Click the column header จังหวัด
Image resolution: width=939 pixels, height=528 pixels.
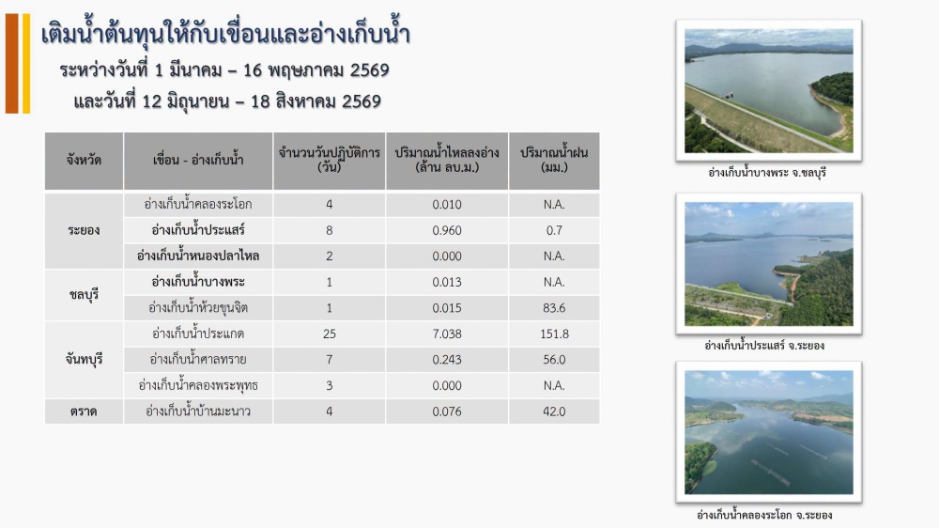[84, 160]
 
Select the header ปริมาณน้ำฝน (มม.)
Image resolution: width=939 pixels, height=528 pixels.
[554, 160]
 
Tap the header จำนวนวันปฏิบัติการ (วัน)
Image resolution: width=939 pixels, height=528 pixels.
[330, 160]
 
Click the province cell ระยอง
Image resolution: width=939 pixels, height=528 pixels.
[84, 230]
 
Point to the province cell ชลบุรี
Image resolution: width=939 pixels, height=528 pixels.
[84, 295]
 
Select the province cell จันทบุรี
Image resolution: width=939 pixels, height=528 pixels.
[84, 360]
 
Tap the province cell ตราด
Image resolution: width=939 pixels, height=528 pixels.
[84, 412]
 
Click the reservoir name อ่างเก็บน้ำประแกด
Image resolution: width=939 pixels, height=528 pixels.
[197, 334]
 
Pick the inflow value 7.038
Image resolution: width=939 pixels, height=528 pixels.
[447, 334]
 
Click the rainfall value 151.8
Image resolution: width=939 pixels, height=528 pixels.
[554, 334]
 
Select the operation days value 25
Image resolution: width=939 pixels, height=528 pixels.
[330, 334]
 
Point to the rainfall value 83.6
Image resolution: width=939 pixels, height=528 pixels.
[554, 308]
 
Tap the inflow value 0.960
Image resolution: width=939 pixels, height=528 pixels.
[447, 230]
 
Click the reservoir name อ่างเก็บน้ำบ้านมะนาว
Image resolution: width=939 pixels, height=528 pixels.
[197, 412]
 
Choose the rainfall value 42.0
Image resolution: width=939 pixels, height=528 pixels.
[554, 412]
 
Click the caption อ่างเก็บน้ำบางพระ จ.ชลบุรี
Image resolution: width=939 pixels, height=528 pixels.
[767, 173]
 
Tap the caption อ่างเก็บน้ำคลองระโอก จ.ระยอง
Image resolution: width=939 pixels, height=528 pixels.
[764, 514]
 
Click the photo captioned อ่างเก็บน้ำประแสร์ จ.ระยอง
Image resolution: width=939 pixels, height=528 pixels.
[769, 264]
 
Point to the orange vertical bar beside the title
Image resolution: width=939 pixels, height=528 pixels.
[12, 64]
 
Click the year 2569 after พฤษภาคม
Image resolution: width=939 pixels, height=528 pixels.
[369, 70]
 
